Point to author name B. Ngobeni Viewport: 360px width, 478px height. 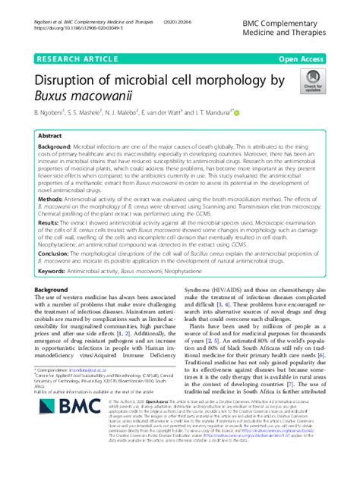(x=52, y=114)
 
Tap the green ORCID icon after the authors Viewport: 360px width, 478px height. (x=237, y=114)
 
